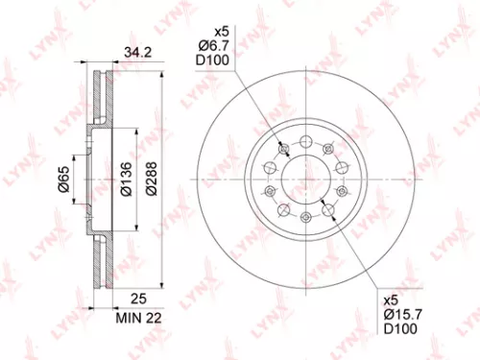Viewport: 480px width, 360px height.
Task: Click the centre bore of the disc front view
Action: tap(301, 179)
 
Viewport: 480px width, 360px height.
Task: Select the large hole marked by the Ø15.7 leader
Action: tap(328, 207)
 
